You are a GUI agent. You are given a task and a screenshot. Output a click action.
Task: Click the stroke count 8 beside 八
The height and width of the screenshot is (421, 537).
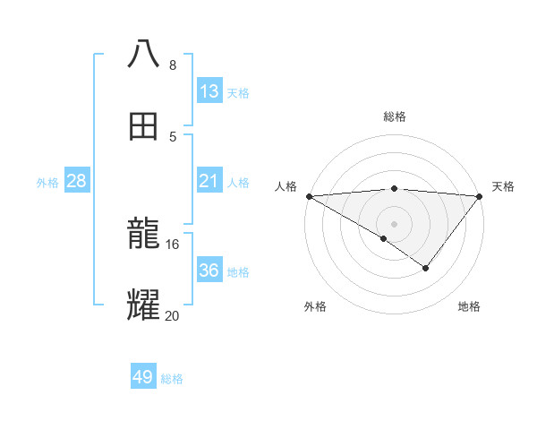172,65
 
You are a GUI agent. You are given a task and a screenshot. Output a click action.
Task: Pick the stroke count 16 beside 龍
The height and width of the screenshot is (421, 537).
173,244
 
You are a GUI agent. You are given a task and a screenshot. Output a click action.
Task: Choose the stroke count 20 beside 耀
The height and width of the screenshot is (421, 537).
173,314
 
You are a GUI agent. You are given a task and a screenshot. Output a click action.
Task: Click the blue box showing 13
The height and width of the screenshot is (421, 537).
209,90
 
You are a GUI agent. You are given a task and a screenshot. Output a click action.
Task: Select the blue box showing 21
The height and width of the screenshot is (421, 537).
209,181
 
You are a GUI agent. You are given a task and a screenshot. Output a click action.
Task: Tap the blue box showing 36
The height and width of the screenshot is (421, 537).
209,270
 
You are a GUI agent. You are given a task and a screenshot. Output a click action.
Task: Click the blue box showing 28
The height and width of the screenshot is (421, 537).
76,181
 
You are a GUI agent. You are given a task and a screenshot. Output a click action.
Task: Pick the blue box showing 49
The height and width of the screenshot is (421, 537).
143,377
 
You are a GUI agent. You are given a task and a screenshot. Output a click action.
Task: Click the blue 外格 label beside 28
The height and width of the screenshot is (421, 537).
47,182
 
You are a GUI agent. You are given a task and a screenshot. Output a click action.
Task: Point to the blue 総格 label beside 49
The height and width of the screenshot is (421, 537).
173,378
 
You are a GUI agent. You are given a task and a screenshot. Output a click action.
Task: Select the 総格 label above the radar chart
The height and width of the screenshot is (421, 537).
395,116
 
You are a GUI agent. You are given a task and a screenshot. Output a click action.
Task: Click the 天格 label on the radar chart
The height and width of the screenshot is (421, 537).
504,186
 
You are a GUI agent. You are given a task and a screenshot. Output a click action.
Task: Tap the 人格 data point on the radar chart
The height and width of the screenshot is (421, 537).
309,196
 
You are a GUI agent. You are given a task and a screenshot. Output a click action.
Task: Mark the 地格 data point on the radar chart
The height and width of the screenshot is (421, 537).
426,268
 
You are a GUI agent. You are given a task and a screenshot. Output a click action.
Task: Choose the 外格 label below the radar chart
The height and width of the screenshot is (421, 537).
315,306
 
